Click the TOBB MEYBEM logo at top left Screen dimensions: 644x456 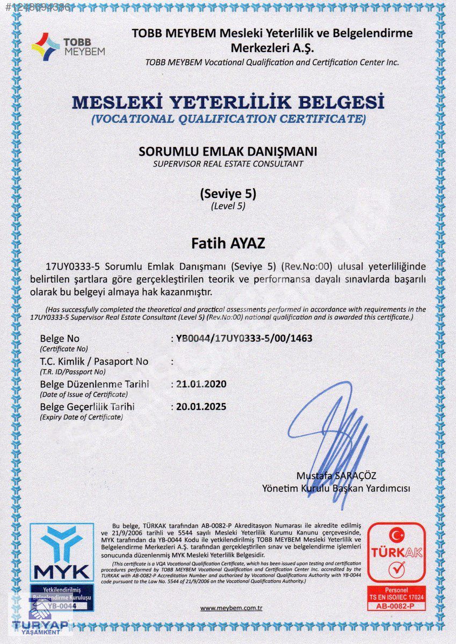(68, 46)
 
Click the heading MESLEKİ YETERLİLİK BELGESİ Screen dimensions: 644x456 (228, 101)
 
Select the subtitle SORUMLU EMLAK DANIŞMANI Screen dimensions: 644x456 (228, 151)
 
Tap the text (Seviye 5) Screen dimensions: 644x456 (228, 193)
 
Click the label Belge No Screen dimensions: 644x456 (60, 339)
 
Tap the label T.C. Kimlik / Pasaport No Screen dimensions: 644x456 (94, 362)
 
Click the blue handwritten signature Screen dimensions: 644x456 (333, 435)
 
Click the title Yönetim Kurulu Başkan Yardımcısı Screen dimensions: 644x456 (336, 488)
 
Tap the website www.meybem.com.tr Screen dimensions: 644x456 (231, 608)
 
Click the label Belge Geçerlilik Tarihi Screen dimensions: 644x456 (87, 406)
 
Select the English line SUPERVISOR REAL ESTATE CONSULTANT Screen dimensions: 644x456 (228, 164)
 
